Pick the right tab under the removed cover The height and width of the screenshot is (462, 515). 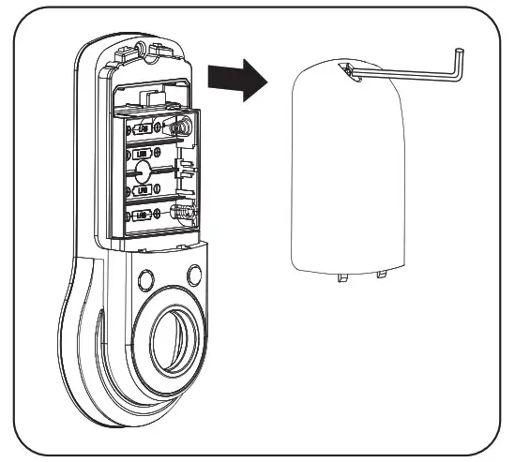(x=382, y=274)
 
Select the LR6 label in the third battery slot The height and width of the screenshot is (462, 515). (x=143, y=189)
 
